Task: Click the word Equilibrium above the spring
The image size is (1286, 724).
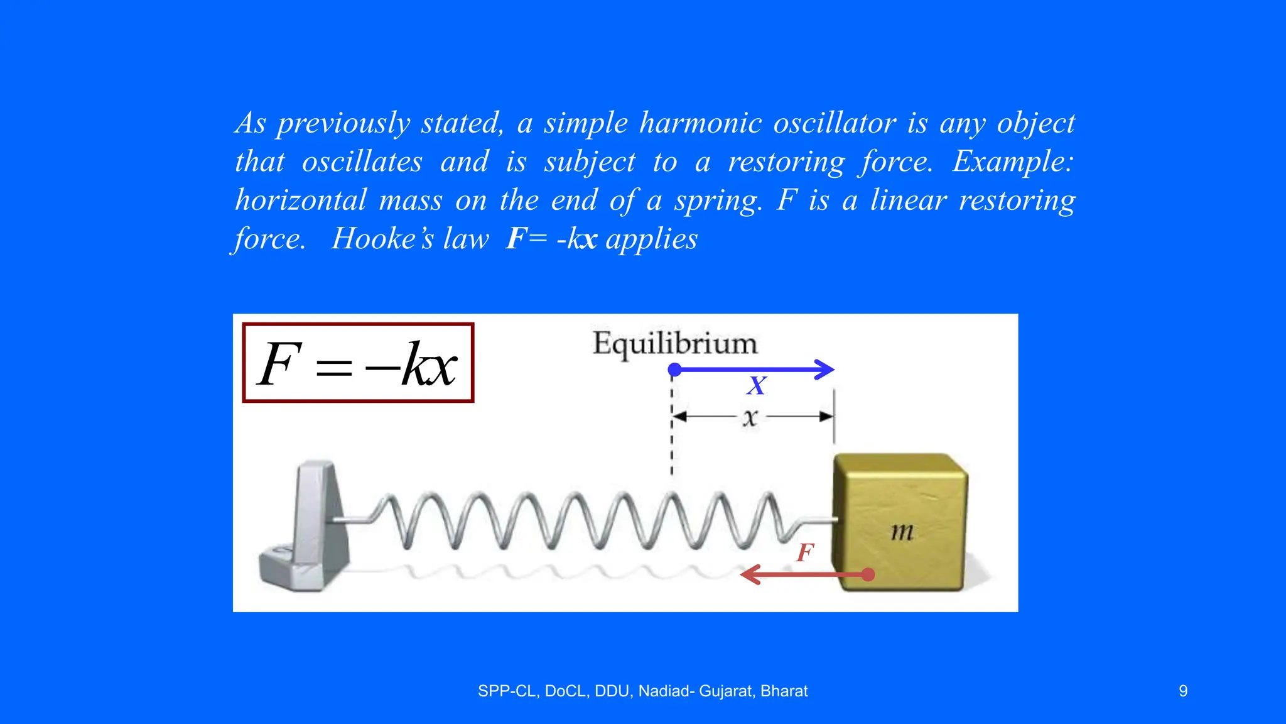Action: click(x=675, y=344)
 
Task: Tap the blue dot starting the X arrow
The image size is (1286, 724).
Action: click(x=675, y=370)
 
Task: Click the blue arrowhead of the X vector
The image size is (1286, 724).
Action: click(x=825, y=370)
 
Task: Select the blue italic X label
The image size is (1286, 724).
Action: click(x=757, y=386)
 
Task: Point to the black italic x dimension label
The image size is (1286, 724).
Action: click(x=750, y=417)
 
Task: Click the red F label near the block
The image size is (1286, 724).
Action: click(x=805, y=553)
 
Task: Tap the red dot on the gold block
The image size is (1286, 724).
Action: click(x=868, y=574)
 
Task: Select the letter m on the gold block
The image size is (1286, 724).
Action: click(x=902, y=532)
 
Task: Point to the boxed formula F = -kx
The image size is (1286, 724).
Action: click(x=358, y=363)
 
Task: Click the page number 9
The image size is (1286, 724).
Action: click(x=1183, y=691)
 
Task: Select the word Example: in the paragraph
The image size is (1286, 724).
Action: click(x=1013, y=162)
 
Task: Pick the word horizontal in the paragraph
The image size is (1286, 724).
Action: click(x=301, y=201)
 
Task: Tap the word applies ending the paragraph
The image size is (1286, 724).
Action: click(x=651, y=239)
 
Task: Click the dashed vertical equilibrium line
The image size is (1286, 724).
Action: click(x=672, y=440)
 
